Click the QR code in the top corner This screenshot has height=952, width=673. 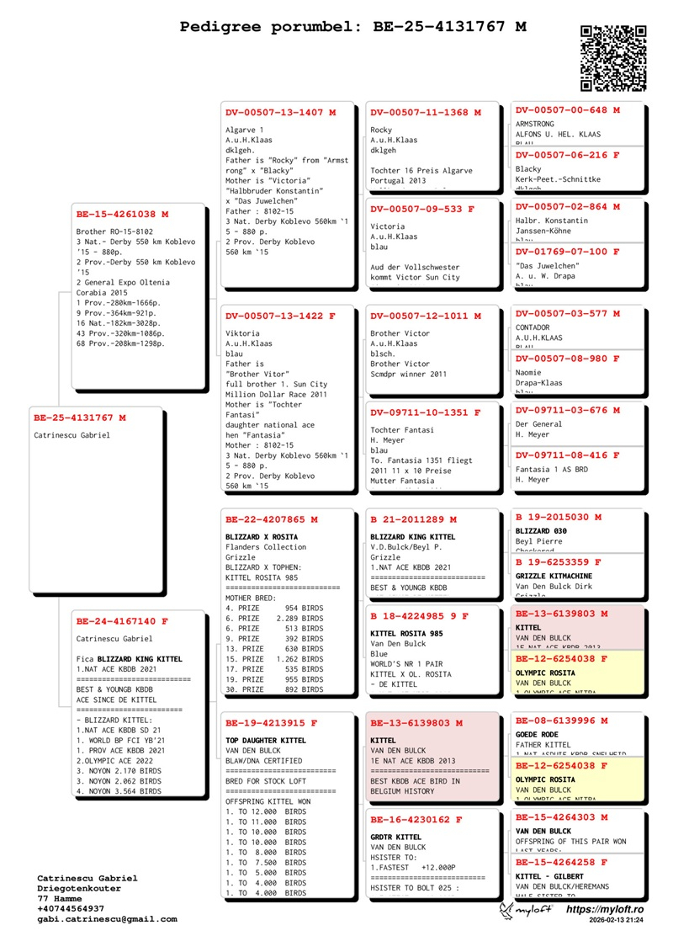point(613,57)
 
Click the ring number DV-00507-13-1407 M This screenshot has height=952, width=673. point(280,112)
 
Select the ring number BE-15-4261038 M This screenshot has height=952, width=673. point(122,214)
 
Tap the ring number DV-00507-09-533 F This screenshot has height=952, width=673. point(422,209)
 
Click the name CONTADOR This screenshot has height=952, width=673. point(533,327)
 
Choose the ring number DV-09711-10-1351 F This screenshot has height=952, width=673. point(426,412)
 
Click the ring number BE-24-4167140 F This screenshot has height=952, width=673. point(122,621)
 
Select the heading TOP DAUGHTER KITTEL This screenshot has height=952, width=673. point(266,740)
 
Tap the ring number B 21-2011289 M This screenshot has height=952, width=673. point(414,519)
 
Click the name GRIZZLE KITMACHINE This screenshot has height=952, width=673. point(557,576)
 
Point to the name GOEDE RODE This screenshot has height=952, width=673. point(537,735)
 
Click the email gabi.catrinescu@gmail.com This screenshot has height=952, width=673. point(107,919)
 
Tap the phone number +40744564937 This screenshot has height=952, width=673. point(71,909)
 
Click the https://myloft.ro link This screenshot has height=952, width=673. point(605,910)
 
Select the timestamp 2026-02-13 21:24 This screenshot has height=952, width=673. point(617,922)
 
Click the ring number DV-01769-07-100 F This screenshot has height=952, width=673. point(568,252)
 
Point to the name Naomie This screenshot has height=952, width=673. point(529,373)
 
